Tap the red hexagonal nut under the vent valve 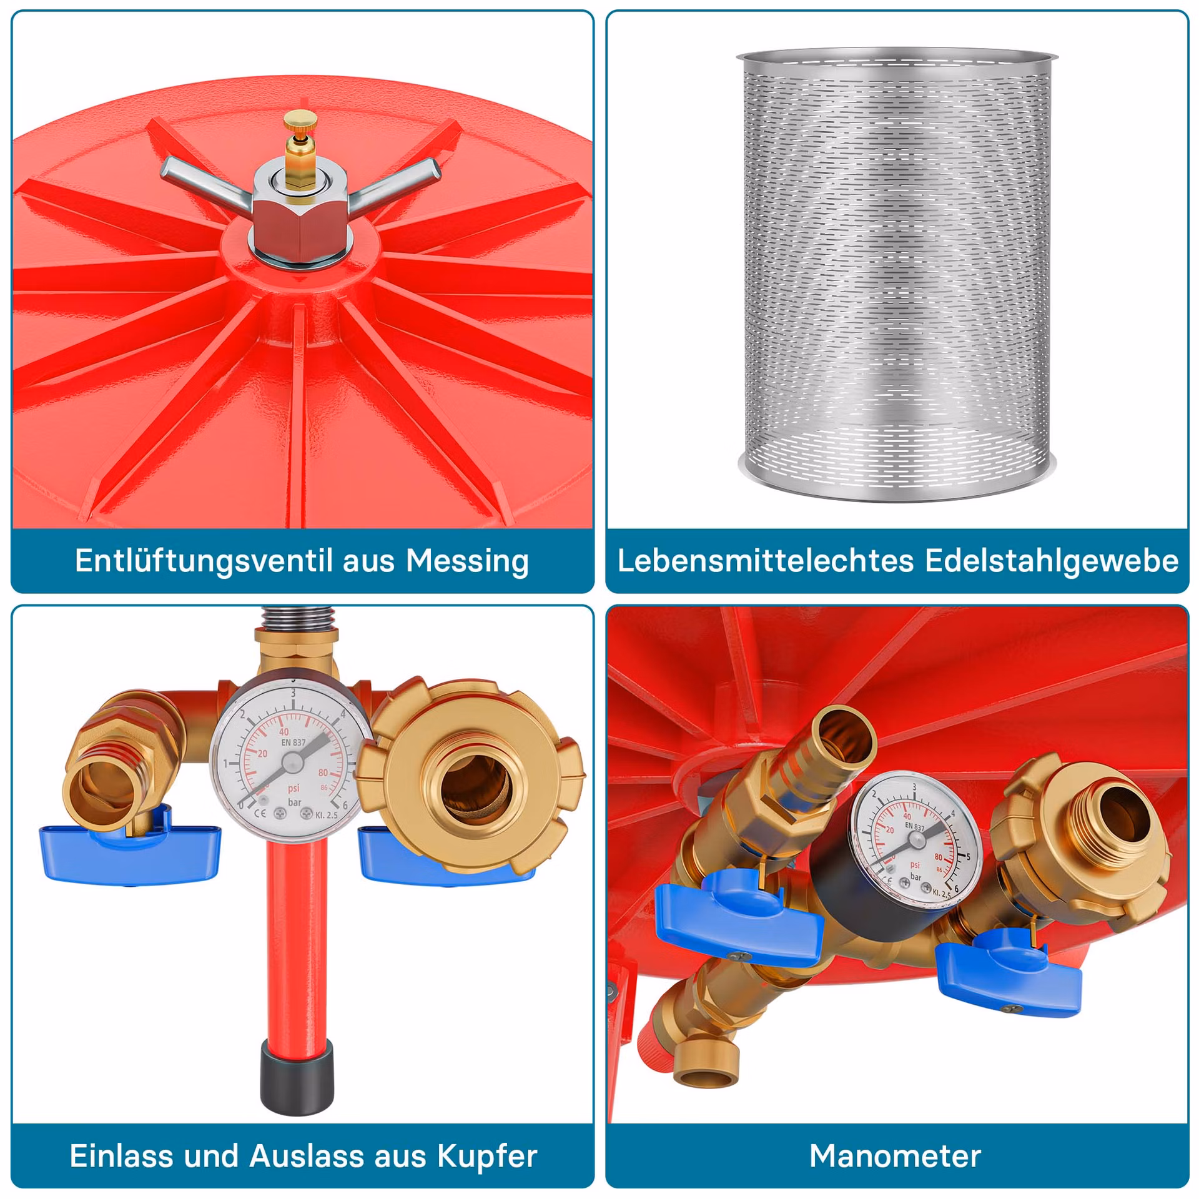click(x=299, y=224)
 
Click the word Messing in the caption click(x=467, y=561)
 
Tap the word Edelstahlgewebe click(x=1052, y=561)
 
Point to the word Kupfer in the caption click(x=487, y=1155)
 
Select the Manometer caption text click(x=896, y=1155)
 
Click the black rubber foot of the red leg click(x=297, y=1077)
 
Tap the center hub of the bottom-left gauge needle click(x=292, y=762)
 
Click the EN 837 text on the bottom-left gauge click(x=293, y=743)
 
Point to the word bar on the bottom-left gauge click(x=295, y=802)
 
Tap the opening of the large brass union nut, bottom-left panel click(x=475, y=784)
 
